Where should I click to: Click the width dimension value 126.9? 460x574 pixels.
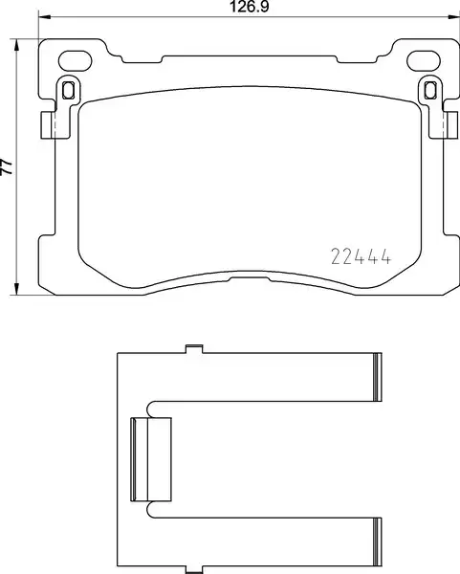tap(249, 7)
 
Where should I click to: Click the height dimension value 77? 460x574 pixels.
tap(7, 166)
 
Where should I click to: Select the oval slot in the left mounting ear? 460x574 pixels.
tap(75, 61)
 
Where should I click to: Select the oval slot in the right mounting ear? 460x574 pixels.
tap(424, 61)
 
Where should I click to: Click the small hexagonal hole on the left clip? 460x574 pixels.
tap(68, 90)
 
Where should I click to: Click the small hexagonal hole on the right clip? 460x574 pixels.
tap(430, 90)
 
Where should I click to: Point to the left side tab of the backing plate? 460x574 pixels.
tap(48, 125)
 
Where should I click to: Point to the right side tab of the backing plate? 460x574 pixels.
tap(450, 125)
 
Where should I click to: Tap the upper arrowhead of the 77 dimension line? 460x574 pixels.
tap(16, 46)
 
